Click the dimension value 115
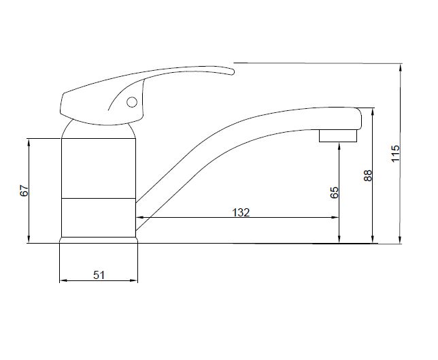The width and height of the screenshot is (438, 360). pos(396,153)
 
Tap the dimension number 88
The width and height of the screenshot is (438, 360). pos(368,176)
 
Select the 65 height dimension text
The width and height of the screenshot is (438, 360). pos(335,193)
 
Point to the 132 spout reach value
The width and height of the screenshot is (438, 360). pos(241,213)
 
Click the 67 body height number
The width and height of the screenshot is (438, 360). pos(24,191)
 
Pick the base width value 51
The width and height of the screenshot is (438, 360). pos(99,276)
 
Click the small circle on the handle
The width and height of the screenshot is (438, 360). pos(132,102)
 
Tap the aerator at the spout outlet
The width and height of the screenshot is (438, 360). pos(338,135)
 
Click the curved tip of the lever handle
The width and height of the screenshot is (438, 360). pos(231,71)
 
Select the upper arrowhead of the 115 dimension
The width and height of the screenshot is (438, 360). pos(401,67)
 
